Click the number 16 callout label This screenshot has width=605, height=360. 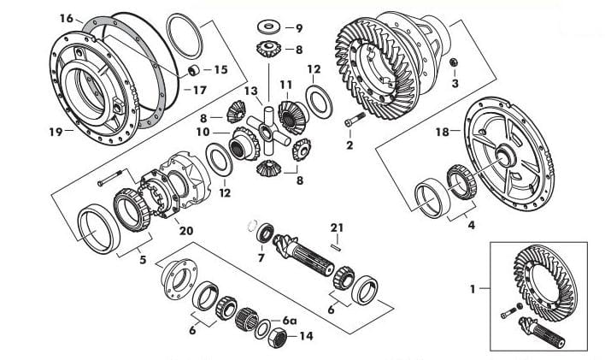[67, 18]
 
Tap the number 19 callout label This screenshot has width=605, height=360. [56, 132]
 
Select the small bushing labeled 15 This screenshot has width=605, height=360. [193, 70]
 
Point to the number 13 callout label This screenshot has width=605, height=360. [250, 91]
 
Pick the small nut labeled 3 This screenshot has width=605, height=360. [454, 62]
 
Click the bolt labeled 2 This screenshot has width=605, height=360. [355, 119]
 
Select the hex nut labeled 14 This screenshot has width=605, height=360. [277, 337]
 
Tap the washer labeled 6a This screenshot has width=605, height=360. [262, 328]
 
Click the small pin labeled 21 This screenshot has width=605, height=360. [336, 246]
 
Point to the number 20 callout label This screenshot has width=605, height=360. [186, 231]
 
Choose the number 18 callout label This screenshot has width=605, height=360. [443, 132]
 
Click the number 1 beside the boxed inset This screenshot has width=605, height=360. [473, 289]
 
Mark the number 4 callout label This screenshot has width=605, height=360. [472, 225]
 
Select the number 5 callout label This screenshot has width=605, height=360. [143, 260]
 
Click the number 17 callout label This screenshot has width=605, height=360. [200, 90]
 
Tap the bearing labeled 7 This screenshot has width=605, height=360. [265, 233]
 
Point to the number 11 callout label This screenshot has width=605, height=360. [286, 85]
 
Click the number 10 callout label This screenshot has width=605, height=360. [203, 132]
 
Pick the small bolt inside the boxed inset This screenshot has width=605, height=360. [509, 312]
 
